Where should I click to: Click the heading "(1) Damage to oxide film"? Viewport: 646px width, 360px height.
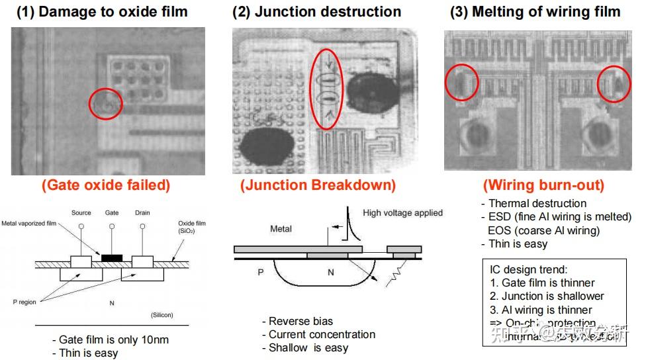[102, 12]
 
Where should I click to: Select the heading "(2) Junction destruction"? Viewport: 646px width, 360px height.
[317, 12]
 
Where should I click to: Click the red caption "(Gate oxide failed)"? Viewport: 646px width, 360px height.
[106, 185]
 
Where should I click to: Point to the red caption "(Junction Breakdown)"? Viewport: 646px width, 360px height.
[318, 185]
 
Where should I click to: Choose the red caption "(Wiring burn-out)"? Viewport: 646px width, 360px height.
[543, 185]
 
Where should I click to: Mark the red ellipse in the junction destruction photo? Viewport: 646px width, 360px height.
[326, 89]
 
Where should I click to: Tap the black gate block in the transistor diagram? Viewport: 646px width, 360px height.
[112, 255]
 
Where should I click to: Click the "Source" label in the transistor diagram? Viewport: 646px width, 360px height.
[81, 213]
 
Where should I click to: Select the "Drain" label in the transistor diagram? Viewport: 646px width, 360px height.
[142, 213]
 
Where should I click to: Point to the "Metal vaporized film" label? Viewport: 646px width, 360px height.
[30, 223]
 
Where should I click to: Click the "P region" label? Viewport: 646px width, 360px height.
[24, 302]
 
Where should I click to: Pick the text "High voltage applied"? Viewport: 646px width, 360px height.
[402, 213]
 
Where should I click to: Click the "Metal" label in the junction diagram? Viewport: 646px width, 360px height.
[281, 230]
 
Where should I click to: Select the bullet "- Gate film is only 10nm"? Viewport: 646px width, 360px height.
[111, 340]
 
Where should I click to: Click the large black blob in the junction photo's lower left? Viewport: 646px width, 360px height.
[267, 145]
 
